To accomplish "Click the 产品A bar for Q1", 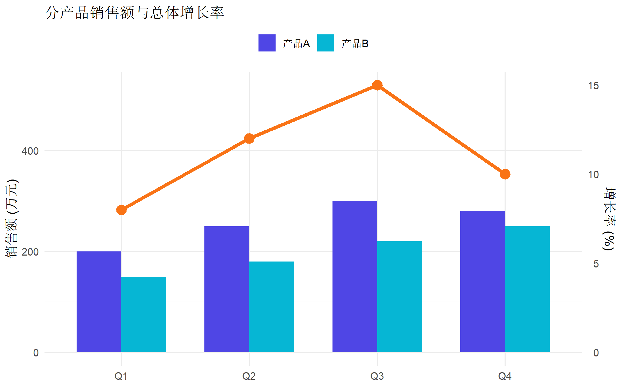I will (99, 302).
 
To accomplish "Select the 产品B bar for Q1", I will (144, 314).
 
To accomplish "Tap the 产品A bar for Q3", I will (355, 276).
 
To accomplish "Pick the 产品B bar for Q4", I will (527, 289).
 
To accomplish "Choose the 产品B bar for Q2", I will (271, 307).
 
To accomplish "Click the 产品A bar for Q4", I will (483, 281).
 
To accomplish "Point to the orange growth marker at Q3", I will (377, 85).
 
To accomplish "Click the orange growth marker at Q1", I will (121, 210).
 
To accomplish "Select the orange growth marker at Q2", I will (249, 139).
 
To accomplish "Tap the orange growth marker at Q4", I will (505, 174).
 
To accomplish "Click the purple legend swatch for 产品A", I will (267, 43).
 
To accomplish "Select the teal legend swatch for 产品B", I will (326, 43).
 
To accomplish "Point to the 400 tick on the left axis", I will (30, 151).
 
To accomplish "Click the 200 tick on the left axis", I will (30, 252).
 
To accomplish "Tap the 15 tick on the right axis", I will (593, 86).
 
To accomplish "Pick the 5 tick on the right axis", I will (596, 264).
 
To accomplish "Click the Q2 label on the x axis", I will (249, 376).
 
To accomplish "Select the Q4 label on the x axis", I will (505, 376).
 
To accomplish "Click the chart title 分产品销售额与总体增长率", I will (134, 12).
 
